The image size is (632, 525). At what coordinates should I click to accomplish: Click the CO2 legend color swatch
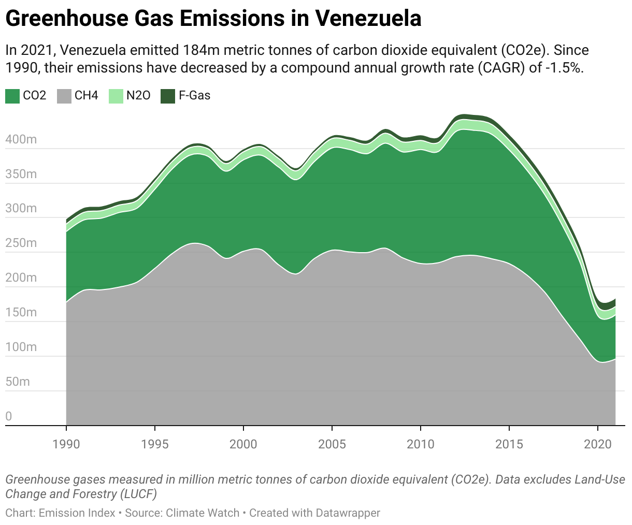point(12,96)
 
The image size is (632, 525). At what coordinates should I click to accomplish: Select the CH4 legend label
point(86,96)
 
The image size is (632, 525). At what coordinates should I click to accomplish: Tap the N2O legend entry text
point(138,96)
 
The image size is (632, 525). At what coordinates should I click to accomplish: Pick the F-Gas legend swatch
point(168,96)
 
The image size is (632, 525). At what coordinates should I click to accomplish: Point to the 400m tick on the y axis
point(21,139)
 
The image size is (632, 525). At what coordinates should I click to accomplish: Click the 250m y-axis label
point(21,243)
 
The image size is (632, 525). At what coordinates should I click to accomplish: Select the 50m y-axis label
point(18,382)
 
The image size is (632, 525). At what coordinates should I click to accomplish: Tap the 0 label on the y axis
point(9,416)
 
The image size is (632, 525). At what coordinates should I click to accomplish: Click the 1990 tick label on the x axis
point(66,444)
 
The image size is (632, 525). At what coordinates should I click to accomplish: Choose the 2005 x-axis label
point(332,444)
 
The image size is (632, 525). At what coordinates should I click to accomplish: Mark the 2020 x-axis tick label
point(598,444)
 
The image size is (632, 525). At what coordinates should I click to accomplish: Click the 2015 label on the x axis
point(509,444)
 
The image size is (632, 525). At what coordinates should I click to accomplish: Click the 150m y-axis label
point(21,312)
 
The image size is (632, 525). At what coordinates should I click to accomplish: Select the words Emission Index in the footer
point(77,513)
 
